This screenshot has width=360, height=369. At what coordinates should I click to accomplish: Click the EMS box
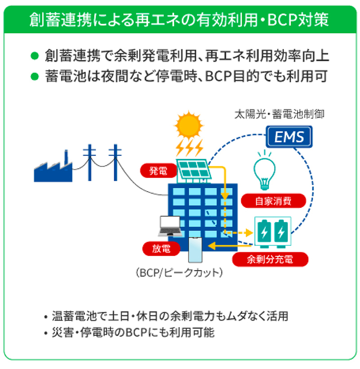coord(289,136)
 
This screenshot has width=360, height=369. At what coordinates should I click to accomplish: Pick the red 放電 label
coord(162,248)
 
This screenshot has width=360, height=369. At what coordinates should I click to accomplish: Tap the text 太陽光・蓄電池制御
coord(279,114)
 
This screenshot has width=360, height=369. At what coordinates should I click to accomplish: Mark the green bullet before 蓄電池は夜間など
coord(34,76)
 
